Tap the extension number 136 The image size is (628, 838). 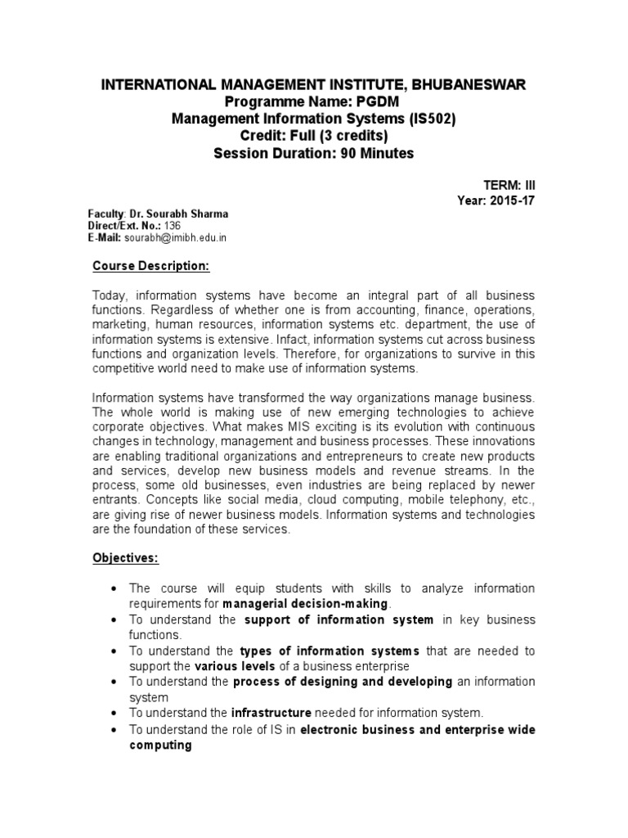[x=173, y=225]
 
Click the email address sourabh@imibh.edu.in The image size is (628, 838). [x=175, y=237]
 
